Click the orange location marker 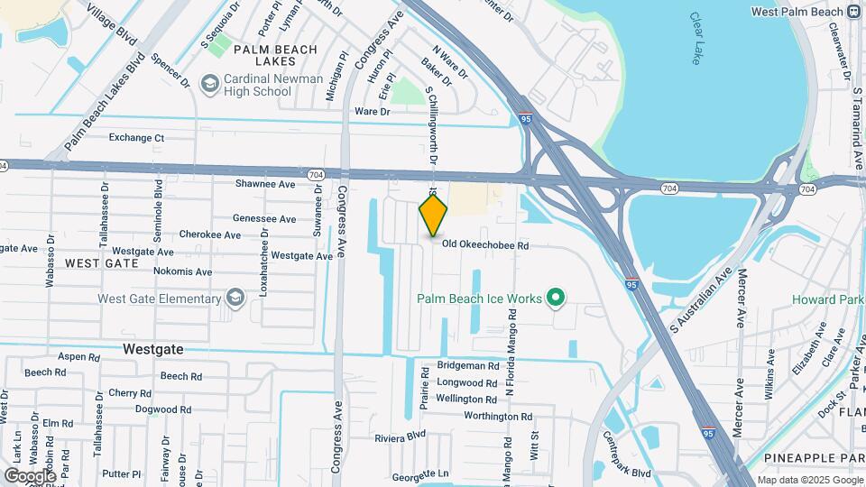pos(434,214)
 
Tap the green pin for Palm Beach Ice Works pos(557,298)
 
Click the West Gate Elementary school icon pos(235,299)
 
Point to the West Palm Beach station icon pos(853,11)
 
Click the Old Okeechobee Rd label pos(484,244)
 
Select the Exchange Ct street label pos(137,138)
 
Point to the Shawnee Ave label pos(265,184)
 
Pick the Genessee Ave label pos(264,219)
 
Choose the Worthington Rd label pos(498,417)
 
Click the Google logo pos(30,475)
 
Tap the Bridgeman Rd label pos(467,366)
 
